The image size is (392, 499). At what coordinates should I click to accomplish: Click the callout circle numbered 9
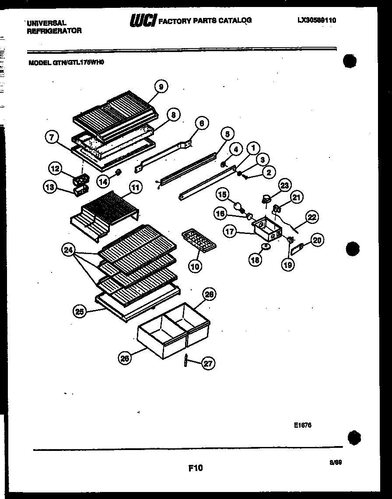(161, 87)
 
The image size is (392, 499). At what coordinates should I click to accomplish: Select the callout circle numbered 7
(52, 137)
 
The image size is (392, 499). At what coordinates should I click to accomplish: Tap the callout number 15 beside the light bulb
(222, 194)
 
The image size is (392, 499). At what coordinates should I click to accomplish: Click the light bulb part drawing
(238, 206)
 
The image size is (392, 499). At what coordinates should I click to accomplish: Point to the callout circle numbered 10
(196, 265)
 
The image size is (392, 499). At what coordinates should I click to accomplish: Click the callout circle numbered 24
(68, 250)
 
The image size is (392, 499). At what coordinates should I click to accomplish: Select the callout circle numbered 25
(80, 311)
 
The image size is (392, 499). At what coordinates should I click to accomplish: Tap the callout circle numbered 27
(208, 363)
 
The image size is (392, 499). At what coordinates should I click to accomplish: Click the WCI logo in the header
(143, 21)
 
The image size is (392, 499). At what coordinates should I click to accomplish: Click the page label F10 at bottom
(196, 468)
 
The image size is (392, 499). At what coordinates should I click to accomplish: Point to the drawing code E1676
(303, 425)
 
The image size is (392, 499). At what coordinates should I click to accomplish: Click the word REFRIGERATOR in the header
(54, 31)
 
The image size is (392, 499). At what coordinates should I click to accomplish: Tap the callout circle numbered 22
(312, 217)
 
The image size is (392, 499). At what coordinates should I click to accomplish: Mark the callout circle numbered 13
(50, 188)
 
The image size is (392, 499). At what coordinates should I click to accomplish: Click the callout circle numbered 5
(227, 133)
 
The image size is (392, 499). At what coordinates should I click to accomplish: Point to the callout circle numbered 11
(136, 188)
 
